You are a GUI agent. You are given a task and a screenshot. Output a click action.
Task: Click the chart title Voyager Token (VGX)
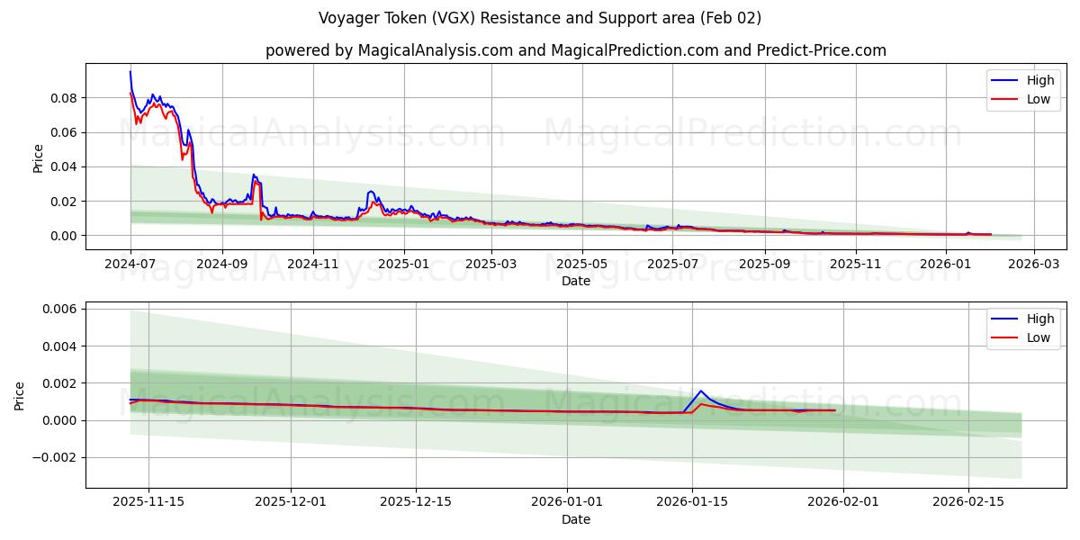click(539, 18)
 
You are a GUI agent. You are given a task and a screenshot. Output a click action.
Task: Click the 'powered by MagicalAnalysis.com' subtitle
click(575, 50)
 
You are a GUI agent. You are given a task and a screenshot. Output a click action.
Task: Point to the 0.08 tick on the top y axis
click(65, 97)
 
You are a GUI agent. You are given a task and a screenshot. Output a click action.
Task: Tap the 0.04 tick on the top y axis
click(65, 166)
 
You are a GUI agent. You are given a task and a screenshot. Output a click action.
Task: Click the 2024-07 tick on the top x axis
click(130, 265)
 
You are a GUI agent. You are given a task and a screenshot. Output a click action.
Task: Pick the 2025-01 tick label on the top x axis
click(403, 265)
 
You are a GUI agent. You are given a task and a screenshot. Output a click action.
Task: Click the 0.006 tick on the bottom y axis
click(61, 309)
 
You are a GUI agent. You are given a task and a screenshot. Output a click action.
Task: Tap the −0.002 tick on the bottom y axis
click(58, 457)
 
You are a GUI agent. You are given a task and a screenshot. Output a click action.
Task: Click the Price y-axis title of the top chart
click(38, 157)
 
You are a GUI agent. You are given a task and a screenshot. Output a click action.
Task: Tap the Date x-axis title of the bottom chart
click(575, 520)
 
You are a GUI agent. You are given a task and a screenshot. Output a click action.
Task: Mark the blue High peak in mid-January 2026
click(700, 391)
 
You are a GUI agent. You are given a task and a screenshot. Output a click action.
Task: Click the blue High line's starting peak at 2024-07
click(130, 72)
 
